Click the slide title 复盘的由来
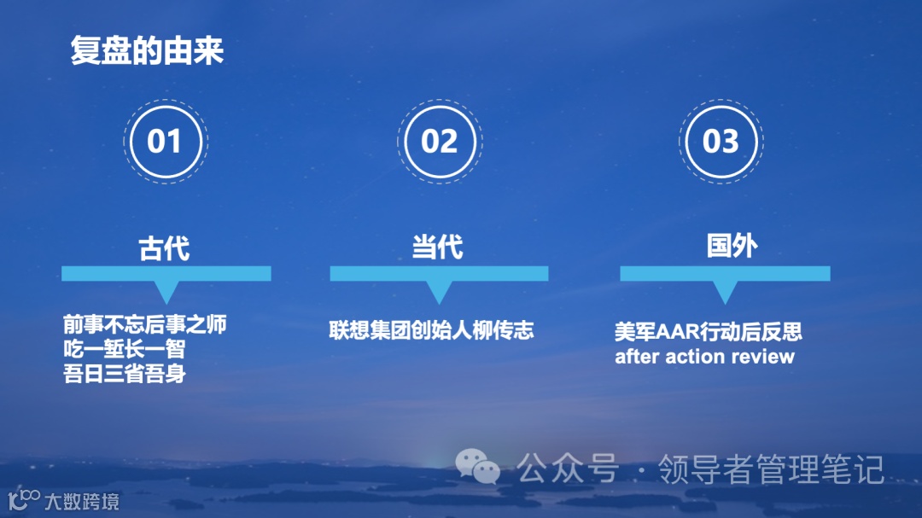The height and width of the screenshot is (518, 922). point(147,52)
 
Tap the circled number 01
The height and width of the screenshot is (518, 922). point(164,141)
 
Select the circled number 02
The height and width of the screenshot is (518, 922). point(439,141)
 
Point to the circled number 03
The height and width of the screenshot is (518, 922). point(720,141)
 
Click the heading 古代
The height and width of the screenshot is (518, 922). point(164,247)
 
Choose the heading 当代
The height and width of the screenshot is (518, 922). point(437,247)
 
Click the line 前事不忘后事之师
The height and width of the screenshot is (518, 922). point(144,324)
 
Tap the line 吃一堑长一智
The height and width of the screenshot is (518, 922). point(124,349)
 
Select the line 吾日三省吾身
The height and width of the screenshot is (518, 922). point(124,373)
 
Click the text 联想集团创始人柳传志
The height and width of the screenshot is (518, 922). point(431,330)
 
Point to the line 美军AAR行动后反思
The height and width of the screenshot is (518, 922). point(709,331)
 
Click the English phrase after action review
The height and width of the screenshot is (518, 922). point(704,356)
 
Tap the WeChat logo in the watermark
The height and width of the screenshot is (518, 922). point(477,465)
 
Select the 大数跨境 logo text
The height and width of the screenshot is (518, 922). point(82,501)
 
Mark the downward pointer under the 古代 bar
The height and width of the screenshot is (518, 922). point(166,291)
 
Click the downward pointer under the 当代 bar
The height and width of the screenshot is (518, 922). point(439,291)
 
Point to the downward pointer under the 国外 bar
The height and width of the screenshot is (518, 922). point(725,291)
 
